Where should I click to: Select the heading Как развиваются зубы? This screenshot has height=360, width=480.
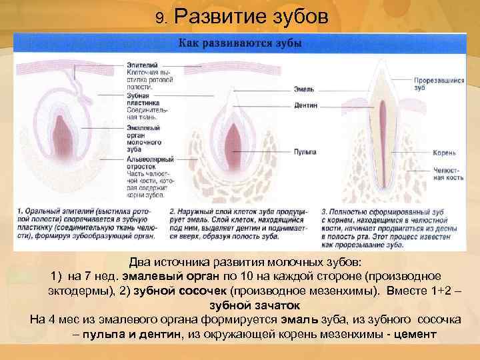(x=239, y=43)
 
